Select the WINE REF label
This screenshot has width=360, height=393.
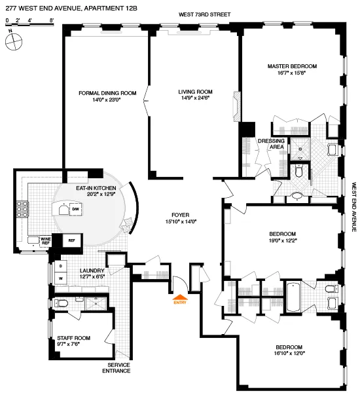[46, 240]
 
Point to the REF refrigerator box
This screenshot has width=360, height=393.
[72, 240]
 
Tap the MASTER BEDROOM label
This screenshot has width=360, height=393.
[292, 66]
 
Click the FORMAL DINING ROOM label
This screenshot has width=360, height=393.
[107, 93]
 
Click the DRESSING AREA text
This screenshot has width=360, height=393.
[271, 144]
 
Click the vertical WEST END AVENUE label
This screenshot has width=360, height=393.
[353, 206]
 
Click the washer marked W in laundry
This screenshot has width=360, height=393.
[61, 278]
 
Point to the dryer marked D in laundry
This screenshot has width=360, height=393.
[61, 267]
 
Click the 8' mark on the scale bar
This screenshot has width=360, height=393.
[51, 22]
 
